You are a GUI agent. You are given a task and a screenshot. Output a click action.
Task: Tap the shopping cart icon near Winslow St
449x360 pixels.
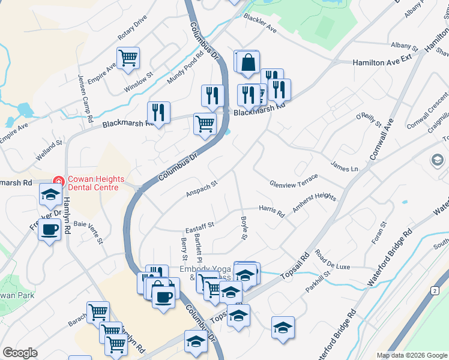[128, 58]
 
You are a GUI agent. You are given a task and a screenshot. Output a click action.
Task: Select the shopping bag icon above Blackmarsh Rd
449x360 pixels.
[247, 62]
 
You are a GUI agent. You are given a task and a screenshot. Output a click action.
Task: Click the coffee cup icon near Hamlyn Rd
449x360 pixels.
[50, 228]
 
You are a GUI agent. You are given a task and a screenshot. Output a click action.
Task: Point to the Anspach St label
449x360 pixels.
[201, 190]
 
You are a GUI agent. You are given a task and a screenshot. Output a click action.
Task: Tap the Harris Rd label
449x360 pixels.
[271, 210]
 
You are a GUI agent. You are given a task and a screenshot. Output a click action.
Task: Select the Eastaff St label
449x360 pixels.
[200, 226]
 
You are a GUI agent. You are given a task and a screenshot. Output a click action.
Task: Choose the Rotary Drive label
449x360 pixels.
[133, 28]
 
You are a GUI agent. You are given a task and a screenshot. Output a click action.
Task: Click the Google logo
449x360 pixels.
[20, 353]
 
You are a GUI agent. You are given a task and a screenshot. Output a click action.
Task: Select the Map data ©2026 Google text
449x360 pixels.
[411, 355]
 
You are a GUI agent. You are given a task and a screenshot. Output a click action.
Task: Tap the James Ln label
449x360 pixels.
[345, 166]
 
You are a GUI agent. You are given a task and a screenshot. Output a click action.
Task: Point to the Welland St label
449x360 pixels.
[49, 149]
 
